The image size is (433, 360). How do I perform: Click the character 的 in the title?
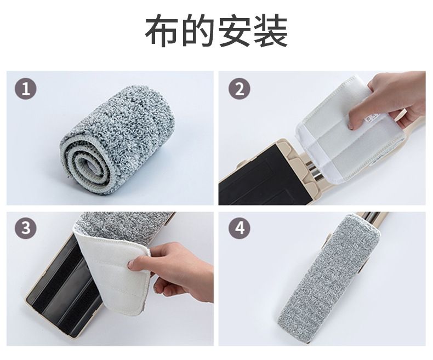tap(199, 30)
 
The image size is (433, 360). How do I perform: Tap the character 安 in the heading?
tap(235, 30)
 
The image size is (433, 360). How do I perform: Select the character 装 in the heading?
tap(271, 30)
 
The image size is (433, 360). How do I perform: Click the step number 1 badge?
tap(25, 89)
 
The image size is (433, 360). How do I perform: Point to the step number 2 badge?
tap(239, 89)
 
